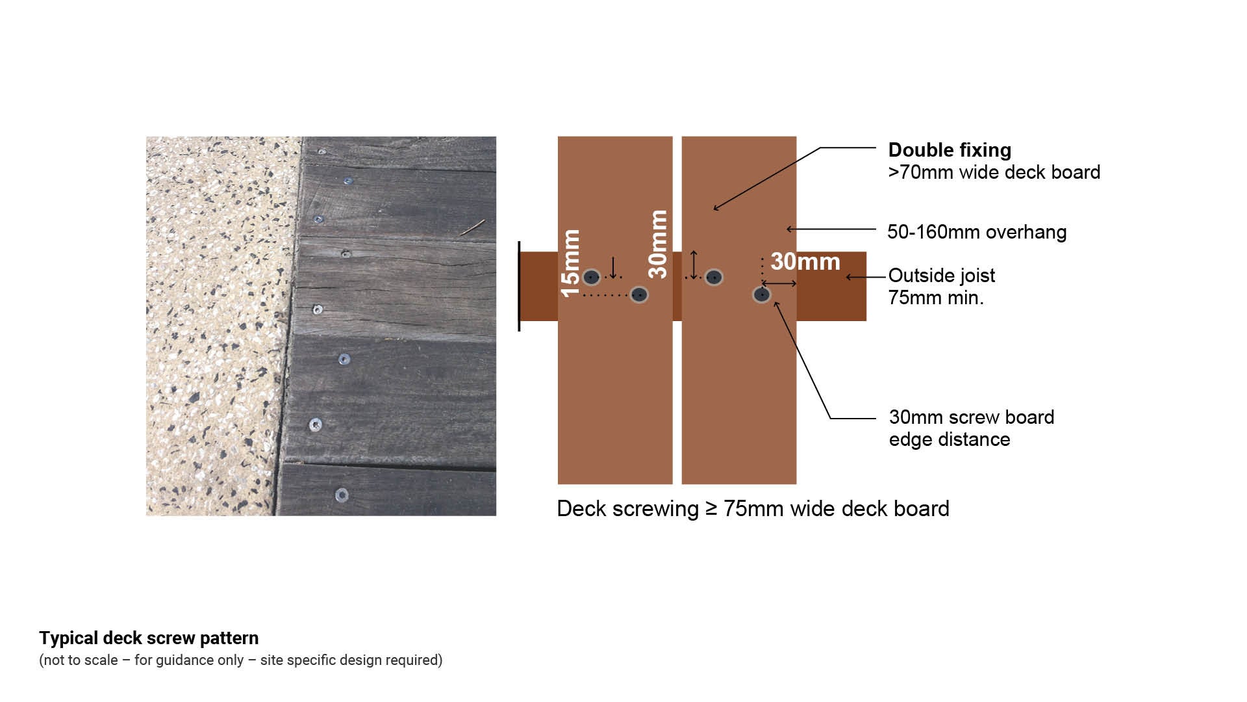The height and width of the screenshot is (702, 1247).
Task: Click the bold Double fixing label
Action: [950, 150]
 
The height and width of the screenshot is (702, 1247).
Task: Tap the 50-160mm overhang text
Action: [977, 232]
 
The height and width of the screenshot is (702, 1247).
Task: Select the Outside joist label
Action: [941, 276]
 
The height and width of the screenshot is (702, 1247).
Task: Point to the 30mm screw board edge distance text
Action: [972, 428]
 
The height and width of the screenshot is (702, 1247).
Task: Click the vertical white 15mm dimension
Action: [570, 263]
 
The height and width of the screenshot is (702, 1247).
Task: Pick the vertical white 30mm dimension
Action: [658, 244]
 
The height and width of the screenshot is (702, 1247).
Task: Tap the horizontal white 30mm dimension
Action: [805, 262]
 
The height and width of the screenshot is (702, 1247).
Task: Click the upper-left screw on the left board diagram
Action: [591, 278]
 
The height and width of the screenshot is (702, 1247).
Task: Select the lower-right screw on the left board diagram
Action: [639, 295]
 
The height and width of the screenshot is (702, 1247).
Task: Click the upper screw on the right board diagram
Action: [714, 278]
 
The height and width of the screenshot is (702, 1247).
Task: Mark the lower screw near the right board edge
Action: [762, 295]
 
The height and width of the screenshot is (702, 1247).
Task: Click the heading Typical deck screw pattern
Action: [149, 638]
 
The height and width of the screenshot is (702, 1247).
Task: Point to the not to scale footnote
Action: [241, 660]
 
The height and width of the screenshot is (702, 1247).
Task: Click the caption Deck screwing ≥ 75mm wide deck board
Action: [753, 508]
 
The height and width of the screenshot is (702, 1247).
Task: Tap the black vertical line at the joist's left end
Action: [519, 286]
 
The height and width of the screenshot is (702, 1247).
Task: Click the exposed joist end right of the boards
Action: [831, 286]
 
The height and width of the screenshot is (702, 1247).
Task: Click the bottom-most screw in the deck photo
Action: [342, 495]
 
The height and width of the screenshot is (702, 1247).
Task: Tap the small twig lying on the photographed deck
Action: [473, 227]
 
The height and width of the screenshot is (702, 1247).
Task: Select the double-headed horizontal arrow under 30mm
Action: [779, 283]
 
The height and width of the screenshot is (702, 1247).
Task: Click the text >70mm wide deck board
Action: [994, 172]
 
